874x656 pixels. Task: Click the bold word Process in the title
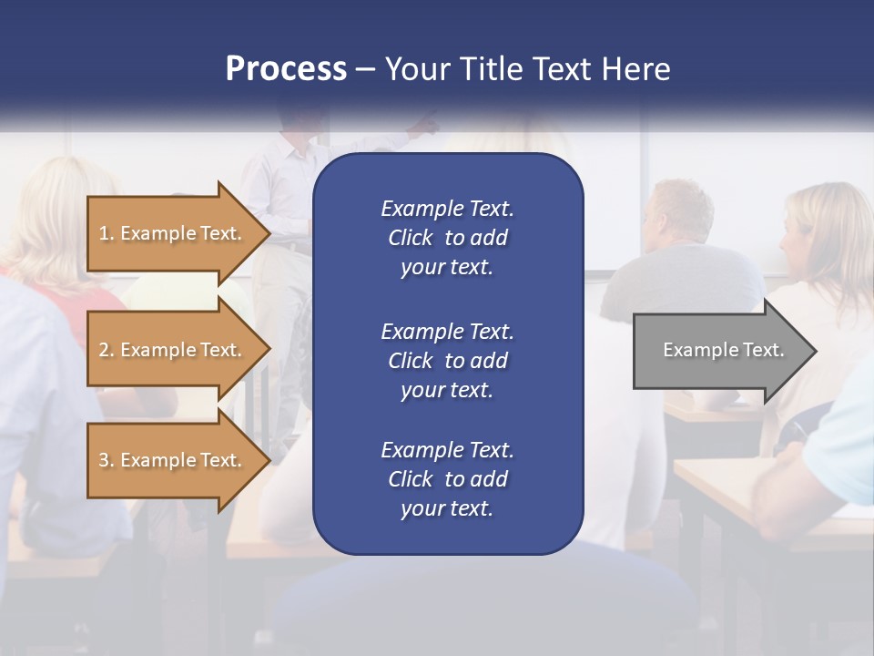point(286,69)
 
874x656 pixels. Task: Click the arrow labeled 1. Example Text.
point(173,233)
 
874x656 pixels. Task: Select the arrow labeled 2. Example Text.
point(173,350)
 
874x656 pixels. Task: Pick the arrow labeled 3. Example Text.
point(173,460)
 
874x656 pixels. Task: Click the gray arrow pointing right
point(719,350)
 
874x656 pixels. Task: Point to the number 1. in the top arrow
point(107,233)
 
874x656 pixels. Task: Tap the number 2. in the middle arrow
point(107,350)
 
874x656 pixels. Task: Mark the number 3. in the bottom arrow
point(107,460)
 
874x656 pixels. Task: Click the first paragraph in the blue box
point(447,238)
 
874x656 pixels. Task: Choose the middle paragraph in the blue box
point(447,361)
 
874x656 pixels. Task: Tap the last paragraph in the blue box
point(447,479)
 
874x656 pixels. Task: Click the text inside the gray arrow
point(723,350)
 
